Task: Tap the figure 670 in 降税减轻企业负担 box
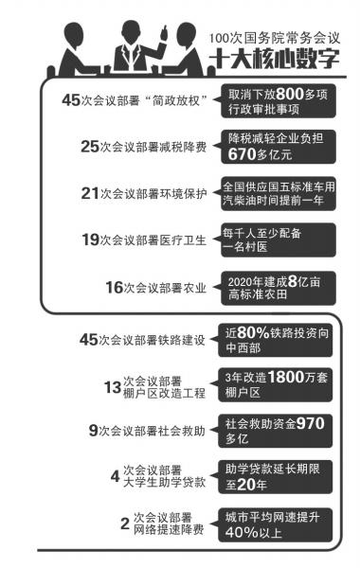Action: pyautogui.click(x=244, y=154)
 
